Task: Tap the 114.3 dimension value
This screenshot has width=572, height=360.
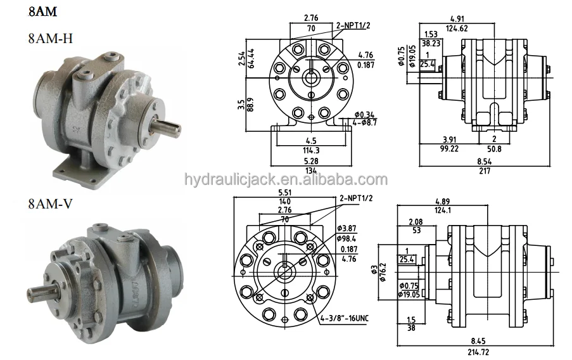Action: click(x=310, y=150)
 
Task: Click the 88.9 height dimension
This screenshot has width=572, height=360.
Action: click(x=251, y=105)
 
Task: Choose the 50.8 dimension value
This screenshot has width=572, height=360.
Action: click(x=495, y=148)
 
